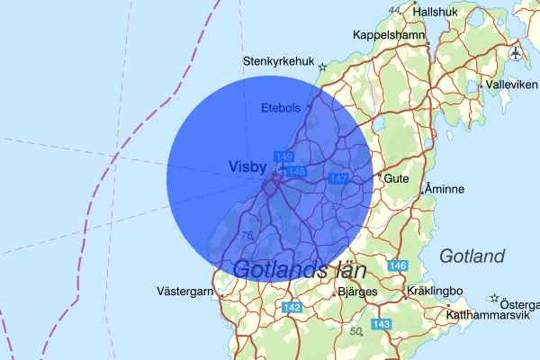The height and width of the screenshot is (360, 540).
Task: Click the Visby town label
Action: click(x=248, y=166)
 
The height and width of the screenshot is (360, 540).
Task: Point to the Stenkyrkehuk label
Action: click(x=279, y=62)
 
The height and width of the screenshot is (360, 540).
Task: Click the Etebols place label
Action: click(x=280, y=108)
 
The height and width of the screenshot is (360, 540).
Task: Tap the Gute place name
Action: click(x=397, y=178)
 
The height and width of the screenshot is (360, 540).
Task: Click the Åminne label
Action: click(x=444, y=190)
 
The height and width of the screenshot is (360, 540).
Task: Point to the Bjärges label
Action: click(x=357, y=292)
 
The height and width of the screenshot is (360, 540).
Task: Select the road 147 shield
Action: click(x=338, y=179)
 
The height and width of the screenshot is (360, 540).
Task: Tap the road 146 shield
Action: click(x=398, y=266)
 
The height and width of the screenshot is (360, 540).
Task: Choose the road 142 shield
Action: click(x=292, y=308)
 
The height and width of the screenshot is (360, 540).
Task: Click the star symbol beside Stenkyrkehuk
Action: click(x=322, y=65)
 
